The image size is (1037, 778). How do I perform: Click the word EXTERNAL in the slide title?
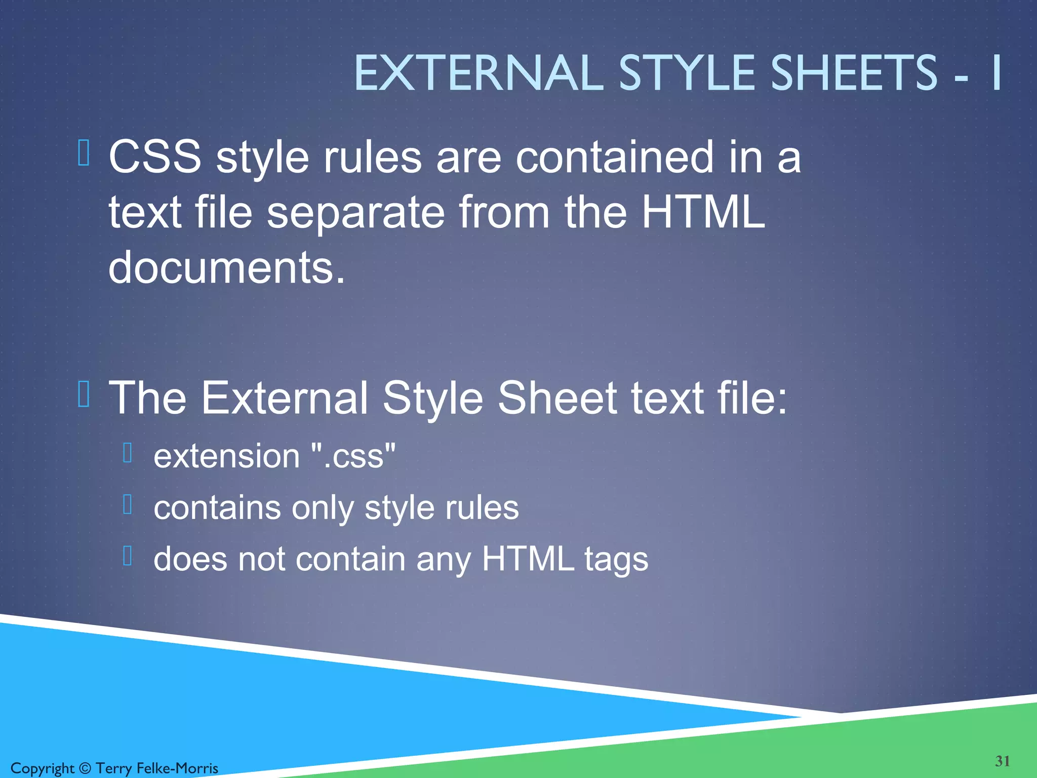click(478, 73)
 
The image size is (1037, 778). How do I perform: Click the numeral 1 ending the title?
click(996, 73)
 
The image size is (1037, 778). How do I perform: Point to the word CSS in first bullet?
click(155, 157)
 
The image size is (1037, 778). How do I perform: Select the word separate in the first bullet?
click(356, 213)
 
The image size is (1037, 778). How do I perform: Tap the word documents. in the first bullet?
click(226, 267)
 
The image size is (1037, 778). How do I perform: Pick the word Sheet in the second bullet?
click(557, 398)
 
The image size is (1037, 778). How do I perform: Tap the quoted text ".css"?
click(353, 456)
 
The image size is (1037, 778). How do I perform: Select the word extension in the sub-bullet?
click(226, 456)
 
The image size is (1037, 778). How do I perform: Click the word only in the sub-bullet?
click(323, 508)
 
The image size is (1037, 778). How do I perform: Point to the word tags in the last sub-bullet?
click(616, 560)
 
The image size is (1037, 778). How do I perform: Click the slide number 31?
click(1003, 761)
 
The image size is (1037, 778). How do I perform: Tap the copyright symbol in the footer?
click(85, 768)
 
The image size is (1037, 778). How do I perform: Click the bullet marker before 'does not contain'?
click(128, 556)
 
